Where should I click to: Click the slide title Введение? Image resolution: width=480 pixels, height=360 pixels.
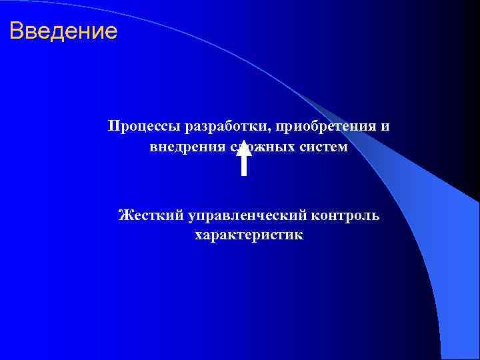click(x=63, y=31)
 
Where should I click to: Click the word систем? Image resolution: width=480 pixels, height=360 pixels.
click(x=323, y=147)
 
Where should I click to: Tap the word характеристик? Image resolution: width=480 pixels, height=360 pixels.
click(x=249, y=235)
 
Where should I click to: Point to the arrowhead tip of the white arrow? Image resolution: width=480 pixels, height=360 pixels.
click(x=244, y=139)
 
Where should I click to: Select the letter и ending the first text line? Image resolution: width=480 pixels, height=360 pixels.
click(x=385, y=127)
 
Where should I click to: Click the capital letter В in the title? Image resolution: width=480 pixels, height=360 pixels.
click(x=17, y=31)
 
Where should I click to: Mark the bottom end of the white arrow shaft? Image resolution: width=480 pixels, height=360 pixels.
click(x=244, y=174)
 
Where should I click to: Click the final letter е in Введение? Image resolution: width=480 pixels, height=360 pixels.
click(x=111, y=31)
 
